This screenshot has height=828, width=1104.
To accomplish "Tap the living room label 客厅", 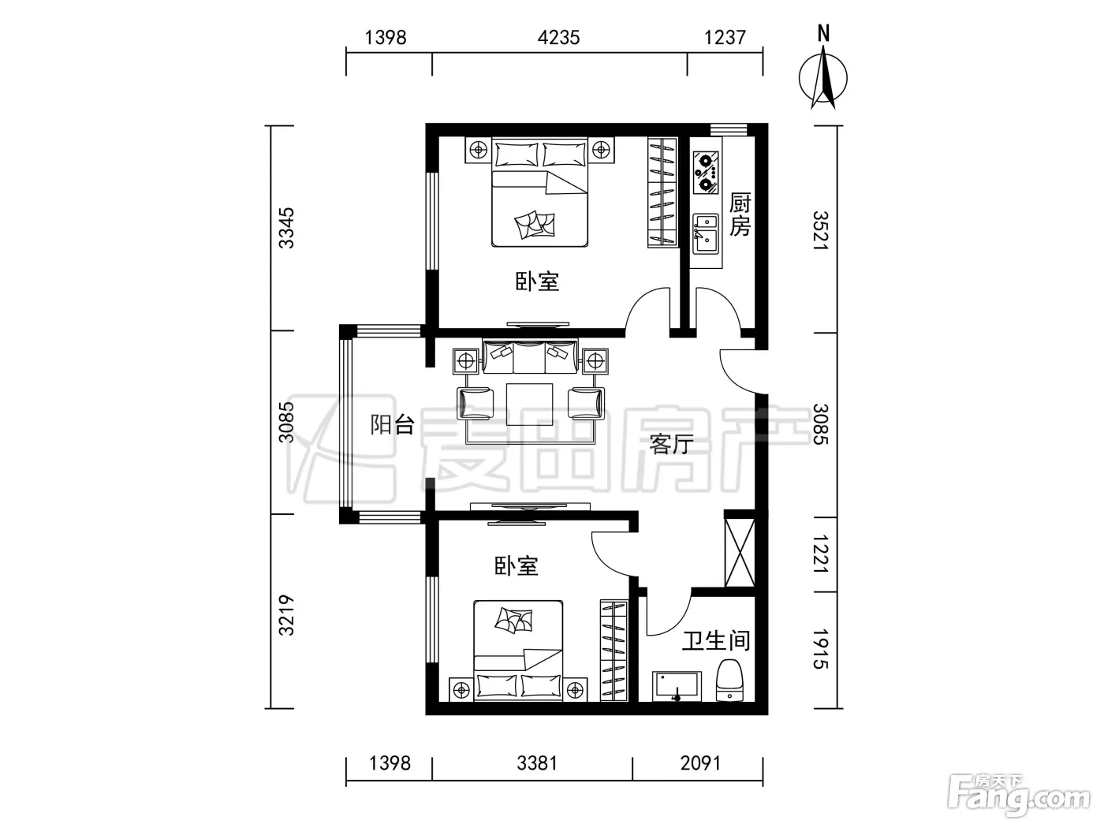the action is (x=671, y=443).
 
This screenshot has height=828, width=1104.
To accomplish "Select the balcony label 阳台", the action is (x=392, y=425).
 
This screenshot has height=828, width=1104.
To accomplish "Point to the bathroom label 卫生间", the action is (x=716, y=641).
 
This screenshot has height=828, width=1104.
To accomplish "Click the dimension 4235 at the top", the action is (x=558, y=38).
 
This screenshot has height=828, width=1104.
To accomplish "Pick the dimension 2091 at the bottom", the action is (x=700, y=763).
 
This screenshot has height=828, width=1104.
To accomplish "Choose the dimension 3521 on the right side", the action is (x=820, y=231).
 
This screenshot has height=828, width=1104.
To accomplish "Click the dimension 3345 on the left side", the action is (x=286, y=228).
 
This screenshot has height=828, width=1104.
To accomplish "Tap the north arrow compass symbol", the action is (x=823, y=77).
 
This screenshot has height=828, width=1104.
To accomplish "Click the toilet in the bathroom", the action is (x=729, y=681).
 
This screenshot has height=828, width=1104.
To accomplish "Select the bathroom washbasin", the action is (x=677, y=686).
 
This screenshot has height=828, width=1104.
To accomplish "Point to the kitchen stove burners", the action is (x=706, y=173).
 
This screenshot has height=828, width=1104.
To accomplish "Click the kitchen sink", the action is (x=706, y=233).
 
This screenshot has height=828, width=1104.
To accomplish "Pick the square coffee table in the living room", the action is (x=529, y=405).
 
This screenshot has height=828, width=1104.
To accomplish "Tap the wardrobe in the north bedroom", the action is (x=661, y=192).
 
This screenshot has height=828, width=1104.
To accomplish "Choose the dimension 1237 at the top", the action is (x=724, y=38).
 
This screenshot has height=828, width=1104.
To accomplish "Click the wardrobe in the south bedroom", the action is (x=614, y=651).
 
